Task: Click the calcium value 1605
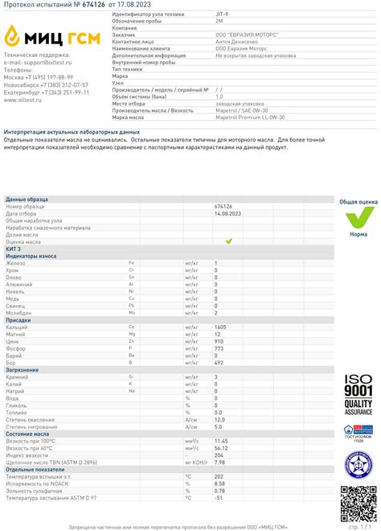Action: [x=221, y=327]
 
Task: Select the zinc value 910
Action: [x=219, y=341]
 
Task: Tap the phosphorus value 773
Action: [x=218, y=348]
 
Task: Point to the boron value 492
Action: [x=219, y=362]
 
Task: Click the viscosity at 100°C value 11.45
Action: [x=221, y=440]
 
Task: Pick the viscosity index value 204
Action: [x=218, y=455]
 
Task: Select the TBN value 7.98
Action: [x=219, y=462]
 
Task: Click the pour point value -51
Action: [x=218, y=497]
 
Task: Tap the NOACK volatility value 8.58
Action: [x=219, y=483]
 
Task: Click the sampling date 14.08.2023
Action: [x=228, y=212]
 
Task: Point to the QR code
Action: [x=357, y=503]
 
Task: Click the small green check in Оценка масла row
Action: [x=228, y=241]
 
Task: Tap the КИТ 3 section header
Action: [x=14, y=249]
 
